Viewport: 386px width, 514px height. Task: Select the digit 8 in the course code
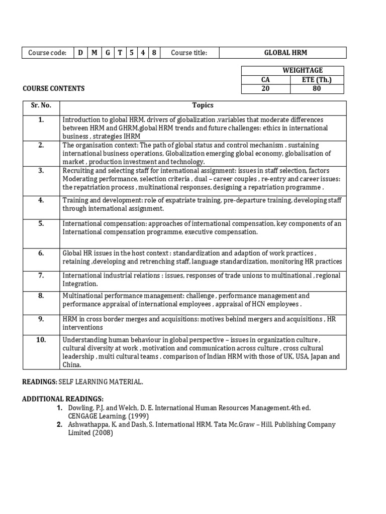click(x=154, y=53)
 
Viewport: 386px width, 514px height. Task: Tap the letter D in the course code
click(x=80, y=53)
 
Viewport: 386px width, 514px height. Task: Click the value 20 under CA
click(x=265, y=89)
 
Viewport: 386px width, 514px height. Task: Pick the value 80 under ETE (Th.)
click(x=317, y=89)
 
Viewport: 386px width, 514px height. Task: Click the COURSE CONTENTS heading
click(x=54, y=89)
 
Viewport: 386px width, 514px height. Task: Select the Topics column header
click(x=203, y=105)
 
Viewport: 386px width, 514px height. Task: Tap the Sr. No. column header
click(x=41, y=105)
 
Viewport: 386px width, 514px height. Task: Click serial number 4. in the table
click(x=41, y=200)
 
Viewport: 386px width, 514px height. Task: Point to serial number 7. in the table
click(x=41, y=275)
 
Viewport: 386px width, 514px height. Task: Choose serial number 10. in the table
click(x=41, y=340)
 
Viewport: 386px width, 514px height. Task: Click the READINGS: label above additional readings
click(x=40, y=382)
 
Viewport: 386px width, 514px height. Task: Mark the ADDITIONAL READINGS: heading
click(x=63, y=399)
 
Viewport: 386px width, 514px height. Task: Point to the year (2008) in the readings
click(x=103, y=433)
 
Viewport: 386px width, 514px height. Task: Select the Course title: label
click(x=189, y=53)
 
